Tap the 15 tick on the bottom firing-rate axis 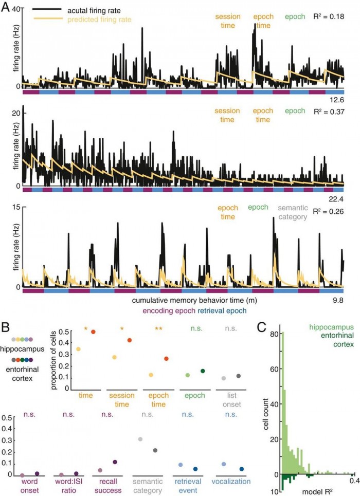point(15,207)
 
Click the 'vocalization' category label point(233,482)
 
